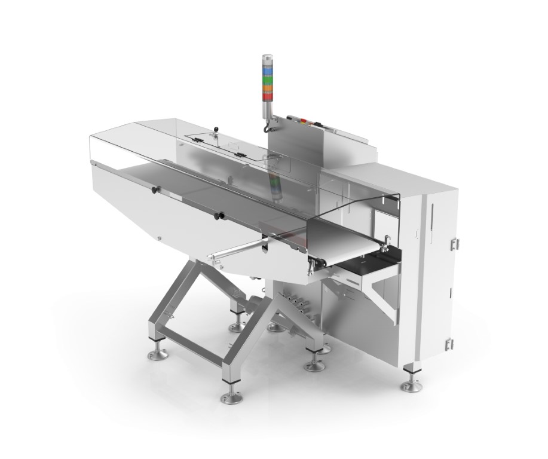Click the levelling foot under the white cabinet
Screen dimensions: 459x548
point(411,377)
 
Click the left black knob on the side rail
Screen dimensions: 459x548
point(154,189)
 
